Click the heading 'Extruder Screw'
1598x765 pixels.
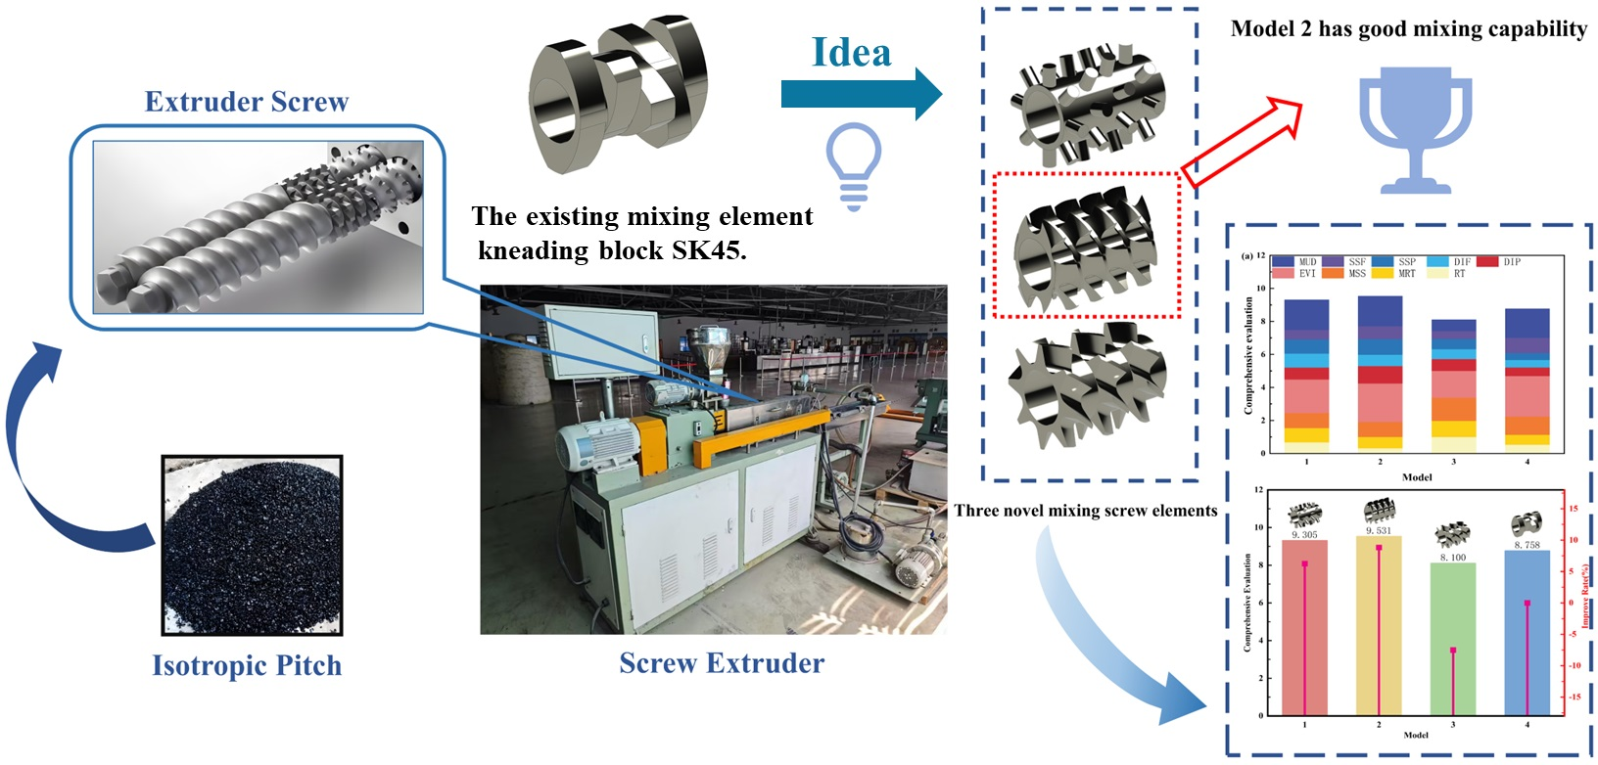point(247,102)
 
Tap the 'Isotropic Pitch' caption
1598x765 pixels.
point(247,665)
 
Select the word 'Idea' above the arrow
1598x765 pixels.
point(852,53)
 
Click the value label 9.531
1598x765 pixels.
point(1379,530)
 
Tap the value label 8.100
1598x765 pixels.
point(1453,557)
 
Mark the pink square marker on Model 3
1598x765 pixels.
point(1453,651)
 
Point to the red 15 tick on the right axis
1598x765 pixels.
point(1574,509)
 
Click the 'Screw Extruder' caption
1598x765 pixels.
point(722,663)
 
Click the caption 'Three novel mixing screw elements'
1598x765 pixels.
point(1086,511)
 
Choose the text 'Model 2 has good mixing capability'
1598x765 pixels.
point(1409,29)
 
